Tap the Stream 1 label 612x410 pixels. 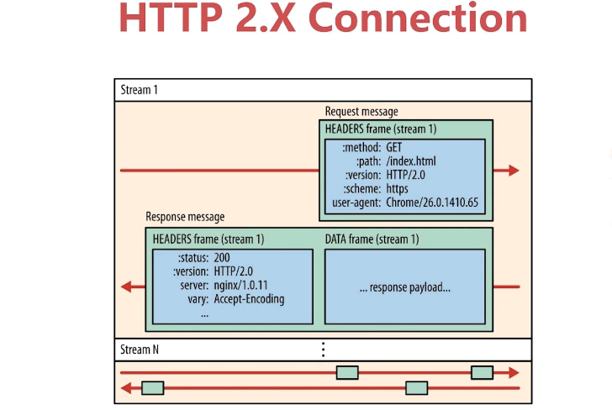point(139,90)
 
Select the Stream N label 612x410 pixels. point(140,350)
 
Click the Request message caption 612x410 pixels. point(361,112)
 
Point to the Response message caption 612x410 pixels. point(185,217)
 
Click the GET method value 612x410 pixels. point(393,148)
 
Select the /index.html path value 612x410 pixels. point(411,161)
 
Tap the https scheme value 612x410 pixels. point(398,189)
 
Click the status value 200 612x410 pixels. point(222,258)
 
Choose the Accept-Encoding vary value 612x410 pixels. point(249,299)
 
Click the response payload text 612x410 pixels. point(404,287)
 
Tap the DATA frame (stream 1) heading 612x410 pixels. point(372,239)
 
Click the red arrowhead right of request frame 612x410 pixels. point(513,171)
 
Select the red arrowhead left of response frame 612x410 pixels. point(128,286)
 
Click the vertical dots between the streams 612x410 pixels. point(323,350)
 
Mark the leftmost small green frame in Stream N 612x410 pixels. point(152,387)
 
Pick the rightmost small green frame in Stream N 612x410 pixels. point(482,372)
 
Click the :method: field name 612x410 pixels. point(361,148)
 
